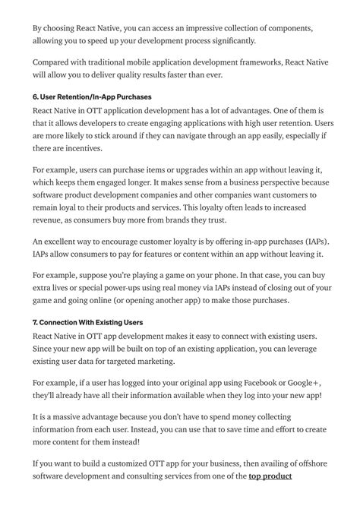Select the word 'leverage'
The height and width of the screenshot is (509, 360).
click(x=302, y=349)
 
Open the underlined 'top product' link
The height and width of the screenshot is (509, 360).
click(x=270, y=478)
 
